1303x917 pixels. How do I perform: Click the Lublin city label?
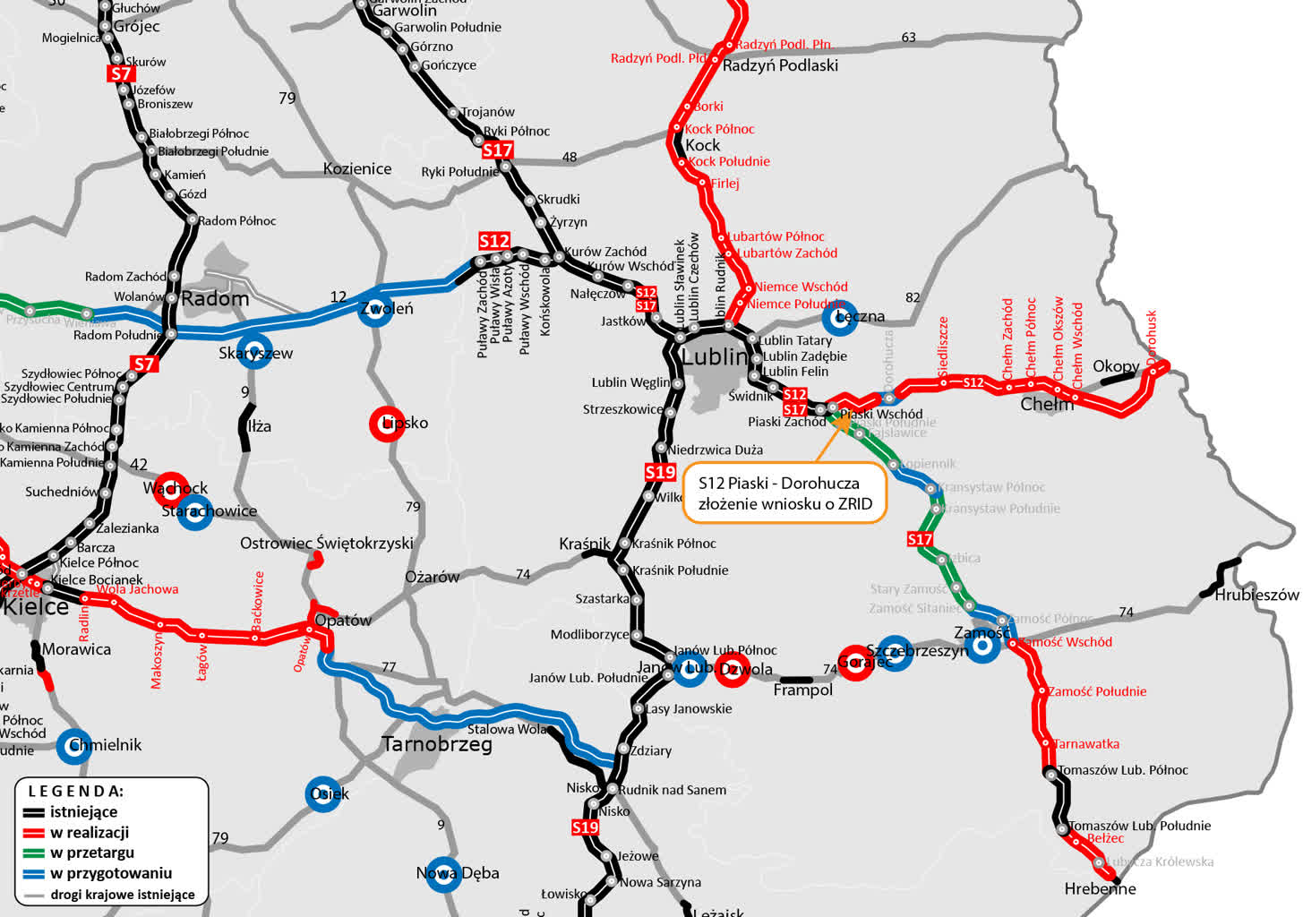[x=714, y=356]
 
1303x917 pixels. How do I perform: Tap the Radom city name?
[x=215, y=299]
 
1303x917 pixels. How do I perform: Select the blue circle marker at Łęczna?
[x=839, y=316]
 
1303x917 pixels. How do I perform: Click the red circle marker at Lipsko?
[x=388, y=423]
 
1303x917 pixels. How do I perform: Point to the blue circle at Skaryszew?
[x=254, y=350]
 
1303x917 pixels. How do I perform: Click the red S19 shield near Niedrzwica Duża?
[x=660, y=472]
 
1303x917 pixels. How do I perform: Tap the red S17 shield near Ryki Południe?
[x=497, y=150]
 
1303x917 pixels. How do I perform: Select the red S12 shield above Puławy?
[x=494, y=241]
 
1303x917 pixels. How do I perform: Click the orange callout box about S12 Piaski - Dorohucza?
[x=784, y=493]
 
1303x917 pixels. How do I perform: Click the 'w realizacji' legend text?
[x=90, y=833]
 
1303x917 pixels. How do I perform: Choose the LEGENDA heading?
[x=76, y=792]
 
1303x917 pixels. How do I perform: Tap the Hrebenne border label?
[x=1100, y=889]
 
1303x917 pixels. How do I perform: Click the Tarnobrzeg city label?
[x=437, y=744]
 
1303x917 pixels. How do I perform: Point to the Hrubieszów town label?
[x=1256, y=595]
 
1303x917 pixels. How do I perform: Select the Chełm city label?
[x=1047, y=405]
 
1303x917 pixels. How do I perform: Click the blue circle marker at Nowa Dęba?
[x=442, y=874]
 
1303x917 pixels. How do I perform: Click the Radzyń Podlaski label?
[x=780, y=65]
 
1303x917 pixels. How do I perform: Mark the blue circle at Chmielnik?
[x=74, y=745]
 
